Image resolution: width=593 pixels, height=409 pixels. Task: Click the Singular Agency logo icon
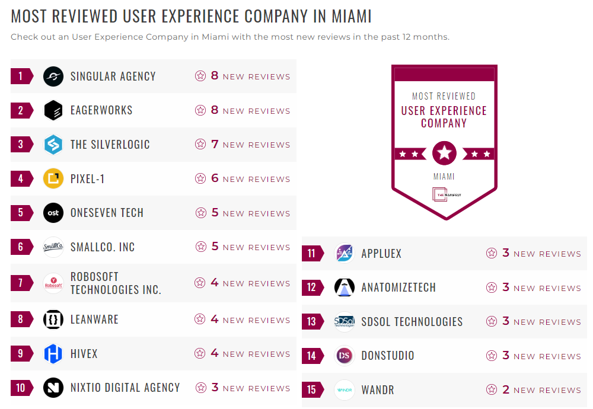pos(53,76)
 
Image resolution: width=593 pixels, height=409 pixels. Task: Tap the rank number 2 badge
pos(21,110)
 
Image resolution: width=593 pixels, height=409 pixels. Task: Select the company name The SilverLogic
pos(110,145)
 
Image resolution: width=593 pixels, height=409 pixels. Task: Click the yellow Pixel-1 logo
pos(53,178)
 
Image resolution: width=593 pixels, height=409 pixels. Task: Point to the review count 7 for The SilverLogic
pos(215,145)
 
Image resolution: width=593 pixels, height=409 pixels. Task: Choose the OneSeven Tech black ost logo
pos(53,213)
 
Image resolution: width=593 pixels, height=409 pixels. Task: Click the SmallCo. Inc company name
pos(103,247)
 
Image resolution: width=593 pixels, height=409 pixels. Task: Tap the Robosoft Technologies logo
pos(53,283)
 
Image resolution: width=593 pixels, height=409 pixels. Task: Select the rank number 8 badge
pos(21,319)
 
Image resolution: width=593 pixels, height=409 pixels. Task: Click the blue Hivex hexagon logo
pos(53,354)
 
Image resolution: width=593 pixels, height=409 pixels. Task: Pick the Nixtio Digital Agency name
pos(125,388)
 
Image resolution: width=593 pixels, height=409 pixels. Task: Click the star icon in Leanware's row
pos(200,319)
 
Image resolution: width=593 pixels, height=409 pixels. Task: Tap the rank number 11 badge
pos(312,254)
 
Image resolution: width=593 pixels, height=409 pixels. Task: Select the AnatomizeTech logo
pos(345,287)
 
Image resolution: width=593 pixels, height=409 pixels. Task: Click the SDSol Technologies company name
pos(412,322)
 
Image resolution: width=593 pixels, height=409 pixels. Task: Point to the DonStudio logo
pos(345,356)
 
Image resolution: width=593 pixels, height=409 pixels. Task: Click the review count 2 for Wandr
pos(505,389)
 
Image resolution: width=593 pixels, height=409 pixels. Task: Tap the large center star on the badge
pos(444,154)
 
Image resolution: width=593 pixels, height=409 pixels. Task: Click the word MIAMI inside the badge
pos(444,177)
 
